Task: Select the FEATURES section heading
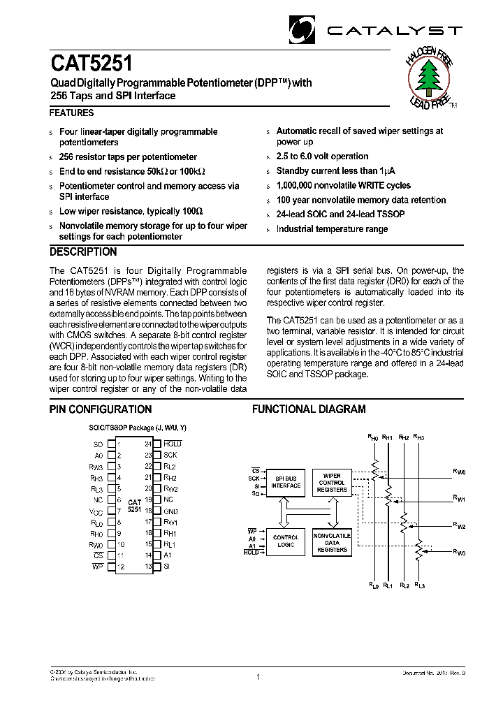click(71, 112)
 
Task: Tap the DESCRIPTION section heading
click(83, 252)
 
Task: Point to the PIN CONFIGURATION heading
click(101, 409)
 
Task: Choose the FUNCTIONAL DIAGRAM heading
click(308, 409)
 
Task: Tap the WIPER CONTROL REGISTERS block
click(332, 482)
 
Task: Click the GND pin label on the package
click(171, 511)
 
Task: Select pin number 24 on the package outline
click(148, 444)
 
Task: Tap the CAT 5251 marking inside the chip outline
click(134, 506)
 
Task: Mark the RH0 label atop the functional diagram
click(373, 437)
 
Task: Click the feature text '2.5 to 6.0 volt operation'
click(322, 156)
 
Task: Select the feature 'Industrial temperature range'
click(332, 229)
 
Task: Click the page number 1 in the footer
click(258, 676)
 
